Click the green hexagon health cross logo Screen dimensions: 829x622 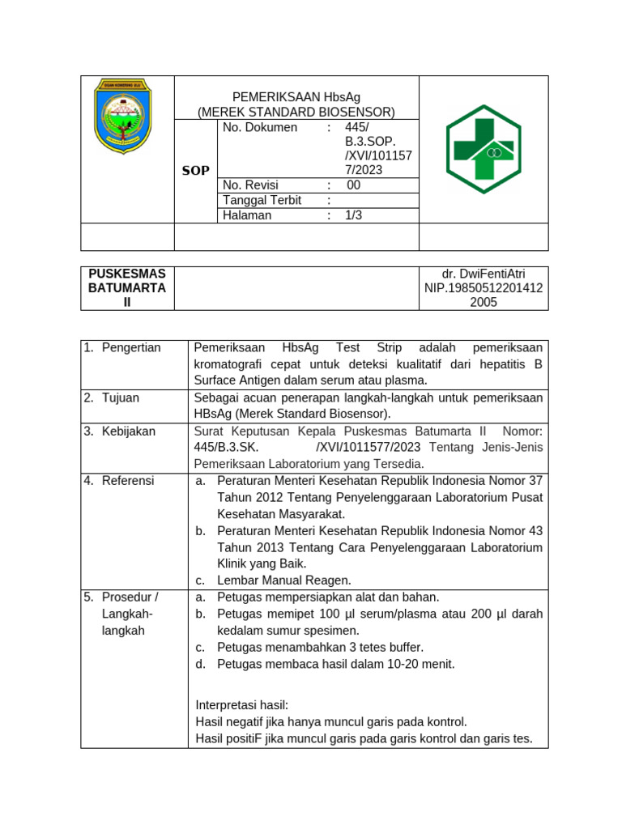click(484, 149)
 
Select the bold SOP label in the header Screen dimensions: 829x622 click(195, 171)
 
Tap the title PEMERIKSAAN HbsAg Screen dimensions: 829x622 click(296, 97)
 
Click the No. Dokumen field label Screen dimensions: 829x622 click(259, 128)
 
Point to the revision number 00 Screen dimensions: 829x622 click(353, 185)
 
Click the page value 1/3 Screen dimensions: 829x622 click(354, 215)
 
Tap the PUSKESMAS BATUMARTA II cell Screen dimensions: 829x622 click(127, 288)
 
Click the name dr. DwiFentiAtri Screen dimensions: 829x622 click(484, 274)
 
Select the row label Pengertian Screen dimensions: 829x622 click(131, 348)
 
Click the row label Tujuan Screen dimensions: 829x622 click(121, 398)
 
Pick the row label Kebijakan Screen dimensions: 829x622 click(128, 432)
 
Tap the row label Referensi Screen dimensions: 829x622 click(127, 481)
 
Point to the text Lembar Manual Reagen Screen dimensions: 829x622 click(283, 580)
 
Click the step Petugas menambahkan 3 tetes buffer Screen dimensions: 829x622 click(320, 647)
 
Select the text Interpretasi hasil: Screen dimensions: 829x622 click(241, 705)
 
